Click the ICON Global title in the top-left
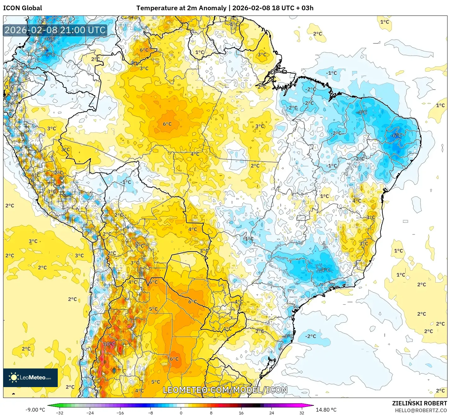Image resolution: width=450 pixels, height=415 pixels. [23, 8]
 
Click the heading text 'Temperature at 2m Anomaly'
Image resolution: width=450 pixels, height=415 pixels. [181, 8]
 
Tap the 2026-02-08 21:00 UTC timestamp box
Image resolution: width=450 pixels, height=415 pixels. [55, 30]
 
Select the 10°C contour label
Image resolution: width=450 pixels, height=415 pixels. [109, 344]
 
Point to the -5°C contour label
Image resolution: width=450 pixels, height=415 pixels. [50, 55]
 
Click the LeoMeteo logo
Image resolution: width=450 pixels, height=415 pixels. [30, 377]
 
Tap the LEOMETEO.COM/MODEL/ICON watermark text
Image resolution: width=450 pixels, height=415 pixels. [225, 390]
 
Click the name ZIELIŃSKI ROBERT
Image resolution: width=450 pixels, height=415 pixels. [419, 403]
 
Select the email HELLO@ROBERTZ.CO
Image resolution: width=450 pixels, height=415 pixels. [421, 410]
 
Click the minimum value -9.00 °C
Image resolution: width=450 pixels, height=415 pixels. [35, 410]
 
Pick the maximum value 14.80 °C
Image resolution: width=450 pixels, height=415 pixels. [326, 410]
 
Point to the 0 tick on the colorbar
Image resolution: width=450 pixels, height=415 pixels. [181, 413]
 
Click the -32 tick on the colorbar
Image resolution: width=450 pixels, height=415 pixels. [60, 413]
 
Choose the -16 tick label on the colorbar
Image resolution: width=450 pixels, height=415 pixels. [120, 413]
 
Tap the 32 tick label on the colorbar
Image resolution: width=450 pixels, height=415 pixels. [302, 413]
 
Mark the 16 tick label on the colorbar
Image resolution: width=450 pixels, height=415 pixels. [241, 413]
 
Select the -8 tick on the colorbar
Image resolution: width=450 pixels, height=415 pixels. [151, 413]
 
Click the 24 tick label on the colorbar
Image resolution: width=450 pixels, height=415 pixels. [272, 413]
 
